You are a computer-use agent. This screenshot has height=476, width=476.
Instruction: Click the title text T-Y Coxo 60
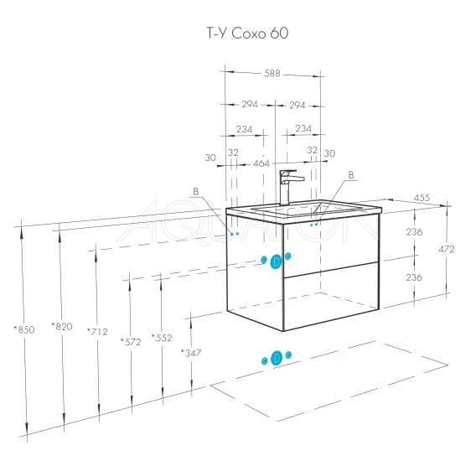[247, 33]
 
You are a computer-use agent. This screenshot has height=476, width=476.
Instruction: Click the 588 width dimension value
[272, 74]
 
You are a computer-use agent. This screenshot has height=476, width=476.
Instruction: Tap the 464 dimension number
[261, 163]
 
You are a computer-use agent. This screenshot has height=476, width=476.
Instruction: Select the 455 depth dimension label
[422, 198]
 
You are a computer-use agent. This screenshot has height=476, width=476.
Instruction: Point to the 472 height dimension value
[446, 249]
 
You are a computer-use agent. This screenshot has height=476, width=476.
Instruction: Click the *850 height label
[24, 329]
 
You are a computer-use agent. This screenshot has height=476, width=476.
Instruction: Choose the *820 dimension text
[62, 326]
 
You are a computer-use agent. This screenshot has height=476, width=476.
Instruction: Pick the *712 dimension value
[97, 332]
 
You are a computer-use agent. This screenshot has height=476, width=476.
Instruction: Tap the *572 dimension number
[131, 342]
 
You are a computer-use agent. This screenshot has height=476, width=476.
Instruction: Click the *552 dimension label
[162, 337]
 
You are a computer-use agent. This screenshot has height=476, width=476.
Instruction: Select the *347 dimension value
[191, 353]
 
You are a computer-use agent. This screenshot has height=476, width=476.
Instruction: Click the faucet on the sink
[288, 188]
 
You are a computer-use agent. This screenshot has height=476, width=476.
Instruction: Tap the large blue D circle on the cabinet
[276, 261]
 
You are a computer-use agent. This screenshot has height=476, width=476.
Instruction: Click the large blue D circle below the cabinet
[277, 358]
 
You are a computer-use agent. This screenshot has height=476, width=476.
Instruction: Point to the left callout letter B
[196, 191]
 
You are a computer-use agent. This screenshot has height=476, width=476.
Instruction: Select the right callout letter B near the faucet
[351, 175]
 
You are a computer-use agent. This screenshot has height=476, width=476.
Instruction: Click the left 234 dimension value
[244, 129]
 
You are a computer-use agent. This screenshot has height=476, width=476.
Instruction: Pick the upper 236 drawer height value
[414, 232]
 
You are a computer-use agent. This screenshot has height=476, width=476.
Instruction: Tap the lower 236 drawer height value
[414, 277]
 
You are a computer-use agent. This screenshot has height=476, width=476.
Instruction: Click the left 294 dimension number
[250, 104]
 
